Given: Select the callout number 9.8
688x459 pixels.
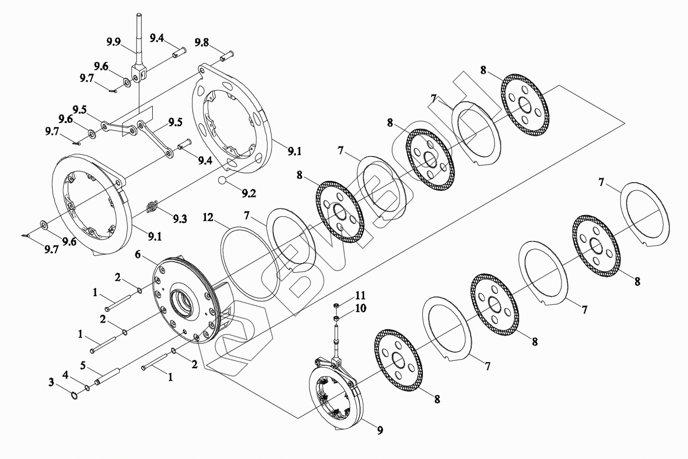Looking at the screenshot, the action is pyautogui.click(x=202, y=42).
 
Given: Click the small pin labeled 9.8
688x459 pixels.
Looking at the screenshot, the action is pyautogui.click(x=227, y=56).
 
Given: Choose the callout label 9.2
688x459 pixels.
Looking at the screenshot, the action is pyautogui.click(x=249, y=193).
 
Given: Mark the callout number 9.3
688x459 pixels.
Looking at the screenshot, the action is pyautogui.click(x=180, y=219).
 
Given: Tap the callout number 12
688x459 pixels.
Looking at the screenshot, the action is pyautogui.click(x=208, y=218).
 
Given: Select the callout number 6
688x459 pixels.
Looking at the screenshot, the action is pyautogui.click(x=138, y=255).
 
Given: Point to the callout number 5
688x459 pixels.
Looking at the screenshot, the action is pyautogui.click(x=83, y=365).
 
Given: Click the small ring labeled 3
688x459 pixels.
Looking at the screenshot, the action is pyautogui.click(x=74, y=396).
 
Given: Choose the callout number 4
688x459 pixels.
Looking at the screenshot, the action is pyautogui.click(x=66, y=375).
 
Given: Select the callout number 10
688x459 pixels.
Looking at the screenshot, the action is pyautogui.click(x=361, y=308).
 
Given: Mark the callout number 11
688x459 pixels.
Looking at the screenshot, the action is pyautogui.click(x=360, y=296).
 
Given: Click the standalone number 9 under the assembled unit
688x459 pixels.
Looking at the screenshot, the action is pyautogui.click(x=380, y=430).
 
